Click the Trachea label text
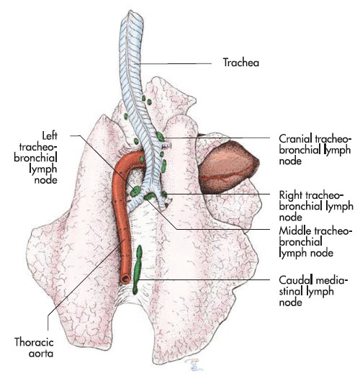click(241, 63)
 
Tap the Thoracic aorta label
click(34, 348)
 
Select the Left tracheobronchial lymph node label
click(36, 158)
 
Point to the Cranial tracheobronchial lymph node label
click(315, 149)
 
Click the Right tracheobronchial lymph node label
click(316, 206)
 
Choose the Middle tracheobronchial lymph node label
click(315, 242)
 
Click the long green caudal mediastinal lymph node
click(138, 269)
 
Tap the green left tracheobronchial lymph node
click(135, 191)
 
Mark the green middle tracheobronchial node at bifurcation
click(150, 197)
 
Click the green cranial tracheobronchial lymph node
click(161, 136)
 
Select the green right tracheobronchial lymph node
click(164, 194)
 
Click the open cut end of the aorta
click(125, 279)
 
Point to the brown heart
click(228, 167)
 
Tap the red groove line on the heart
click(225, 173)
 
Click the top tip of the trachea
click(131, 11)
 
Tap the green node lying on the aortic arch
click(142, 159)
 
